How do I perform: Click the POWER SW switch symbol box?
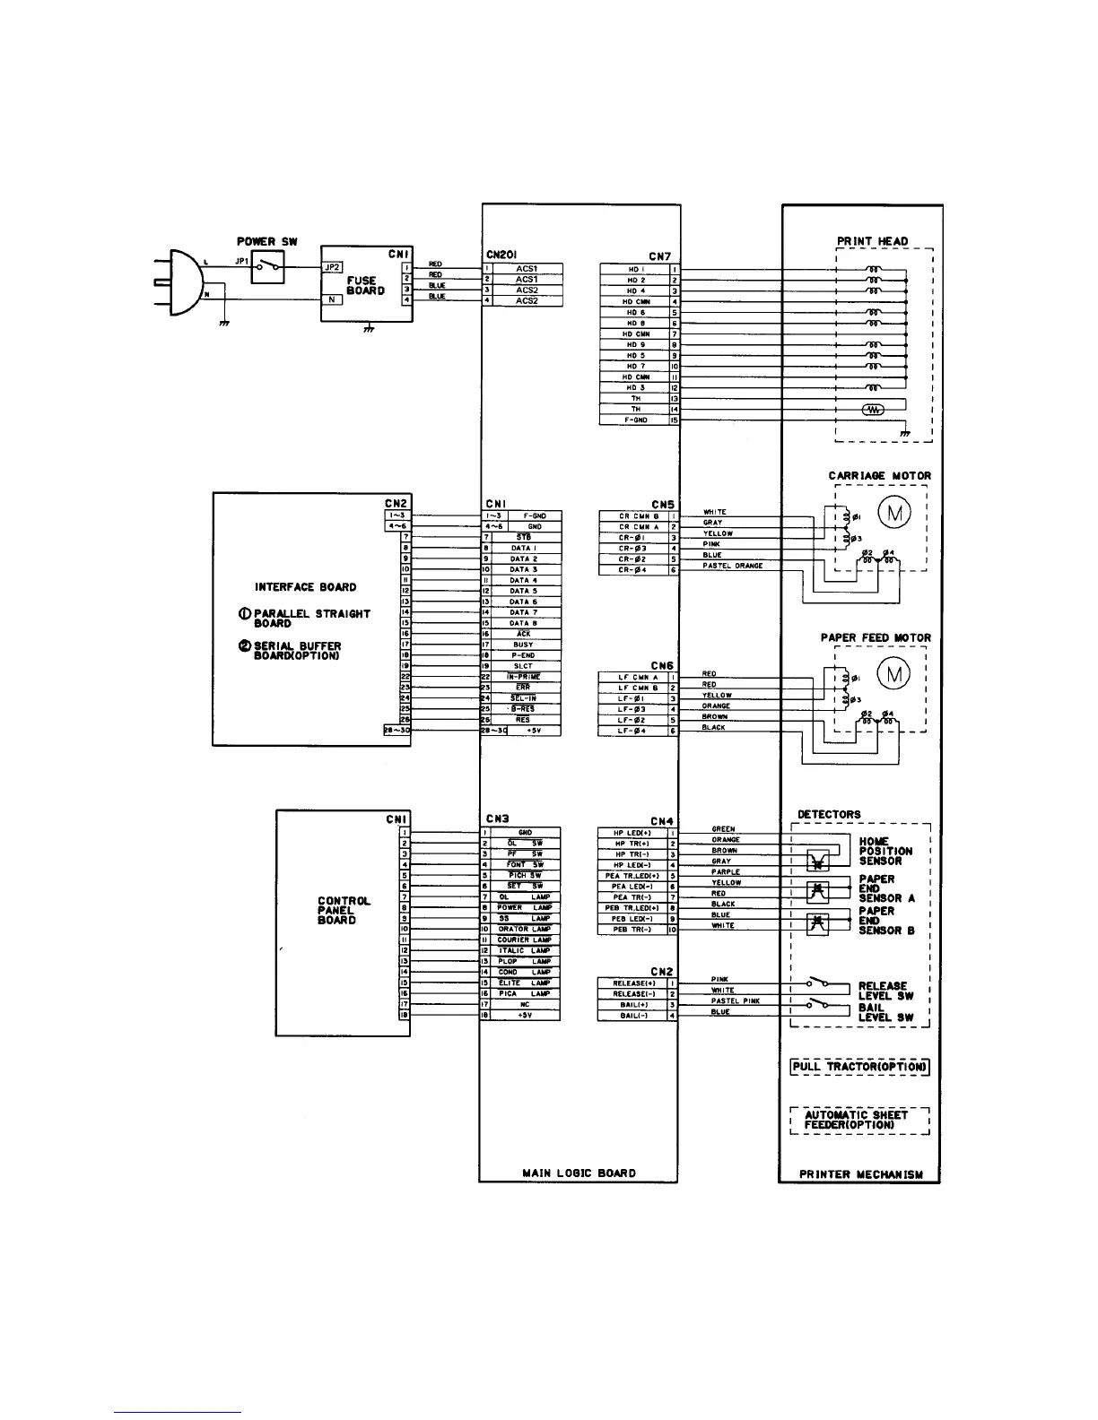pyautogui.click(x=268, y=266)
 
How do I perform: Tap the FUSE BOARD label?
pyautogui.click(x=366, y=285)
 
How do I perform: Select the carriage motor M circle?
pyautogui.click(x=893, y=512)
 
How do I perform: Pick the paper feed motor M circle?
pyautogui.click(x=893, y=673)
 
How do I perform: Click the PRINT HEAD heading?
pyautogui.click(x=872, y=241)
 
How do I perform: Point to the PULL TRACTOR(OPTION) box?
pyautogui.click(x=859, y=1067)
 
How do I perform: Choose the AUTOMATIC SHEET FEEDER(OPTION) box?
pyautogui.click(x=859, y=1120)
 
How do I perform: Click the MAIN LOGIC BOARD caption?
pyautogui.click(x=579, y=1173)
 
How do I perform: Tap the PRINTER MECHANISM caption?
pyautogui.click(x=860, y=1173)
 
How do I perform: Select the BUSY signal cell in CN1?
pyautogui.click(x=523, y=645)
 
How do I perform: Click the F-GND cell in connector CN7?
pyautogui.click(x=635, y=420)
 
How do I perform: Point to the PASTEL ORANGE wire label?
pyautogui.click(x=732, y=566)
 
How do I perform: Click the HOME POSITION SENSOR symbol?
pyautogui.click(x=817, y=859)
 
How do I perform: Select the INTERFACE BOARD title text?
pyautogui.click(x=305, y=587)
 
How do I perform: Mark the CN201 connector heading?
pyautogui.click(x=501, y=255)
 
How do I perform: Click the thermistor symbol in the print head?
pyautogui.click(x=872, y=410)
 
